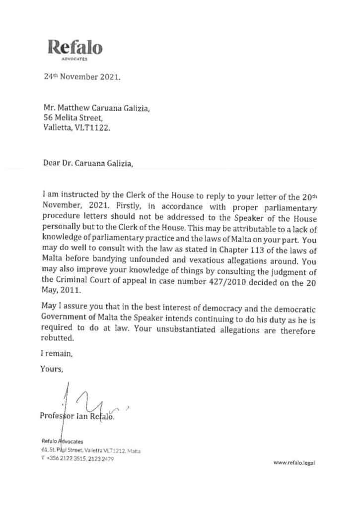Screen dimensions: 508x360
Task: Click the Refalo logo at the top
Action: [x=75, y=48]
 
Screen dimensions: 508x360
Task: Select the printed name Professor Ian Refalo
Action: [x=77, y=416]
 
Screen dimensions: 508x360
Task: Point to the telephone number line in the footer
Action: [x=78, y=458]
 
